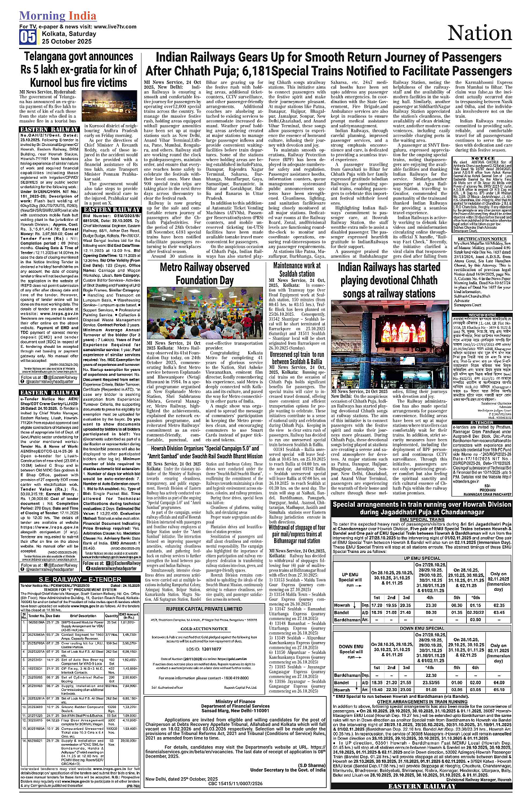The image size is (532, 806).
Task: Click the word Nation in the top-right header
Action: pyautogui.click(x=479, y=33)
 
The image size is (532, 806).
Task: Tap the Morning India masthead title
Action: pyautogui.click(x=57, y=16)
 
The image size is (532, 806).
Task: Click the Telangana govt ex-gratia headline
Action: pyautogui.click(x=78, y=69)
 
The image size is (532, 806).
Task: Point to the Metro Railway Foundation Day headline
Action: pyautogui.click(x=204, y=273)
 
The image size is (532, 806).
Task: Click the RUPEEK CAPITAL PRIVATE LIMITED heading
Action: pyautogui.click(x=204, y=593)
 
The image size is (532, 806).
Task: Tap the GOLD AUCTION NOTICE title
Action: pyautogui.click(x=204, y=613)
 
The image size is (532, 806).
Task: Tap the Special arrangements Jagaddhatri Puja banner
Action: pyautogui.click(x=421, y=508)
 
